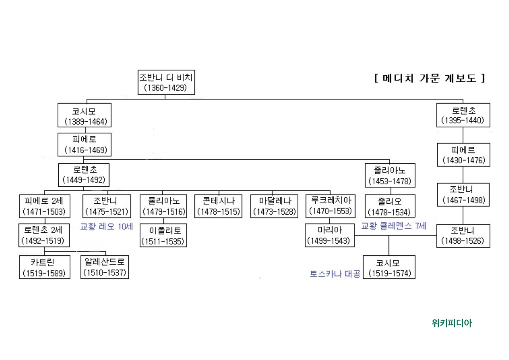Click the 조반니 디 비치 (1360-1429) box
[x=166, y=82]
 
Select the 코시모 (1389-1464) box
[x=84, y=115]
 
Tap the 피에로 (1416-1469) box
[x=84, y=145]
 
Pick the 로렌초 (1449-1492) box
[x=84, y=175]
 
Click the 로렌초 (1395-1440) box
[x=463, y=115]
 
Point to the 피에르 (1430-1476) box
[x=463, y=155]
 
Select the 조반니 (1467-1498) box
[x=463, y=195]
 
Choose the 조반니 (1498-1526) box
[x=463, y=236]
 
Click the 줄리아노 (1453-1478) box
[x=390, y=175]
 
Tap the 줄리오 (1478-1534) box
[x=390, y=207]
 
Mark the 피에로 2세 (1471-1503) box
[x=45, y=206]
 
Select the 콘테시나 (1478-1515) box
[x=218, y=206]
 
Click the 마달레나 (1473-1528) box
[x=275, y=206]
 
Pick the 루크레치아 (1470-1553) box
[x=330, y=206]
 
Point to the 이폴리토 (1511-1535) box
[x=163, y=236]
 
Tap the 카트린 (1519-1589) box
[x=45, y=267]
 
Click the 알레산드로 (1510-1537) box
[x=105, y=267]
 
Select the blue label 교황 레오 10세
[x=106, y=227]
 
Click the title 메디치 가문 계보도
[x=429, y=78]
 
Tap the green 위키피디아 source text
[x=452, y=323]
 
